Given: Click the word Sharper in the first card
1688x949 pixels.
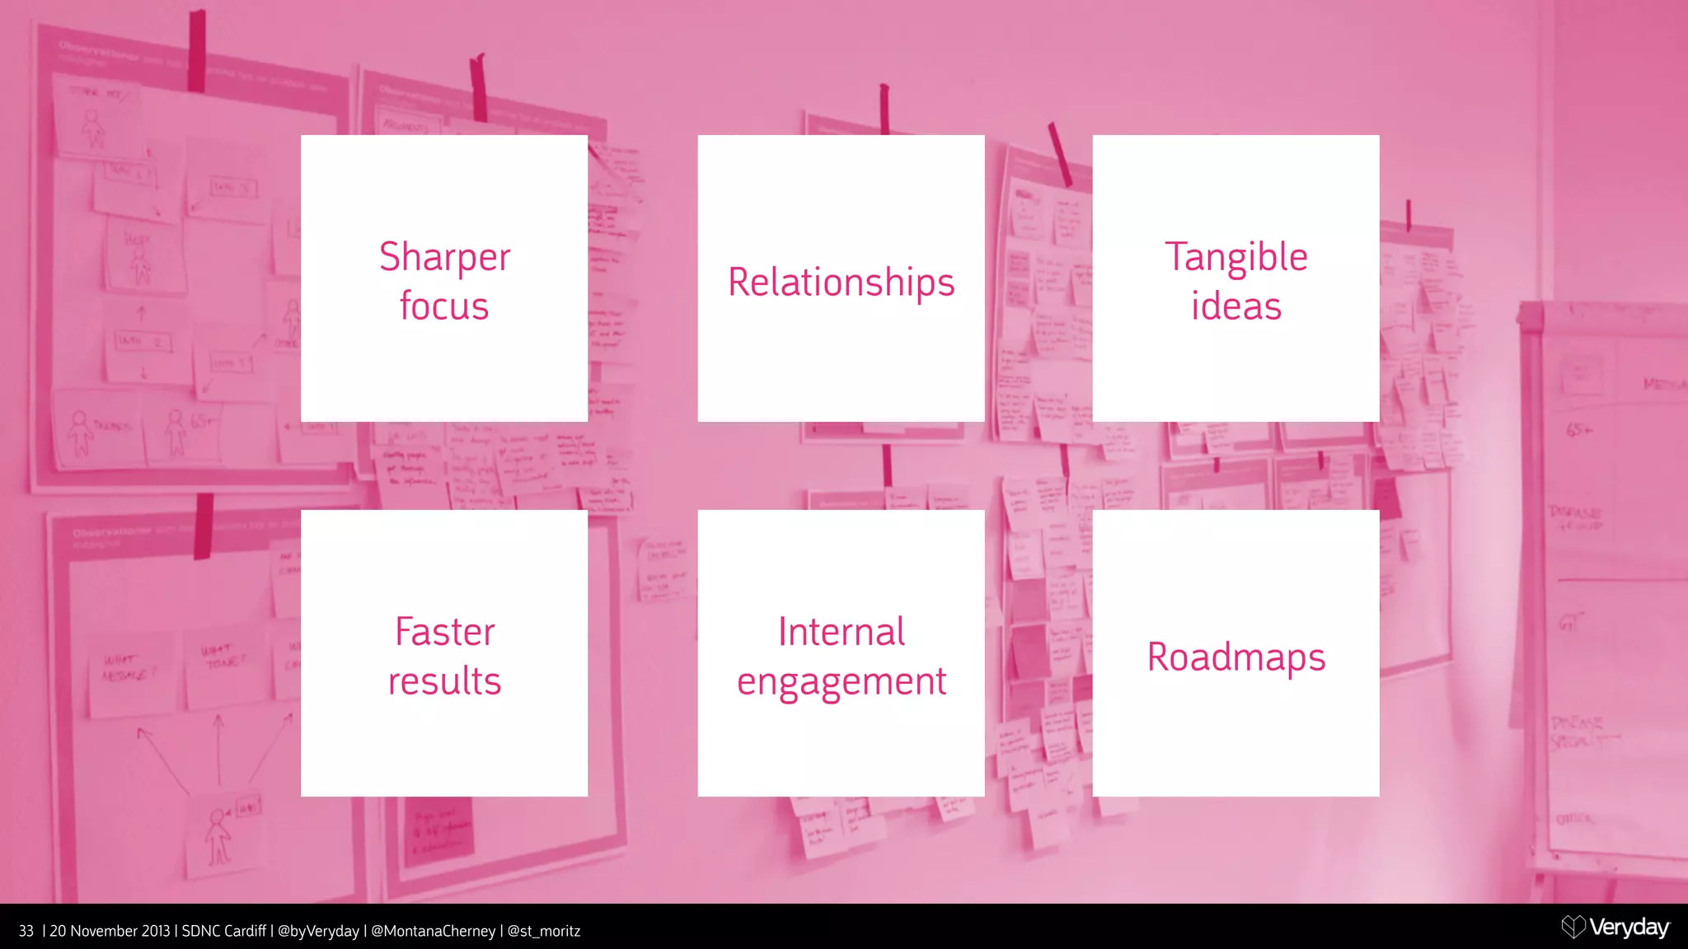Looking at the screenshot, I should [x=444, y=257].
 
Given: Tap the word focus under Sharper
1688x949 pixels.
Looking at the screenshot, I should [x=444, y=306].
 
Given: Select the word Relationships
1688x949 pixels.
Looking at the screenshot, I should [x=841, y=282].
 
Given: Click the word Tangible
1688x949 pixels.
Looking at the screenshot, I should [x=1236, y=257].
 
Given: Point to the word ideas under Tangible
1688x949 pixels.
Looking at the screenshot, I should [x=1236, y=306].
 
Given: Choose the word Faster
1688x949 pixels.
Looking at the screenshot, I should [x=444, y=632].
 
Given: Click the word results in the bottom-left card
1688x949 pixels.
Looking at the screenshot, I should [x=444, y=681].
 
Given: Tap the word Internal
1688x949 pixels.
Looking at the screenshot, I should [x=841, y=632].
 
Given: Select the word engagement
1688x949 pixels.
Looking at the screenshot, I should [x=841, y=682].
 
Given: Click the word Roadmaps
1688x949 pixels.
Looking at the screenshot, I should [x=1236, y=657].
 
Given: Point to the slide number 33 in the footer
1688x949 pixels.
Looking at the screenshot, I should [x=26, y=931].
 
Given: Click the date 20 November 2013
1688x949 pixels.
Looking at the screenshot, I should [x=110, y=931].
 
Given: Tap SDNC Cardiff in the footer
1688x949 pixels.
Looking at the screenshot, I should [x=223, y=931].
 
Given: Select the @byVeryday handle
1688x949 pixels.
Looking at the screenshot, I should [x=318, y=931].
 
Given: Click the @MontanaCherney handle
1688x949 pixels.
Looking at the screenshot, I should [x=433, y=931].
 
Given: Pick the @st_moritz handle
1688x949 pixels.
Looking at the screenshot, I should [x=543, y=931].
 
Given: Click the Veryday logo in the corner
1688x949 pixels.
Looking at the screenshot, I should [x=1615, y=928].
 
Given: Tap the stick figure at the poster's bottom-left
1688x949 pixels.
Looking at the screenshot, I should [x=218, y=835].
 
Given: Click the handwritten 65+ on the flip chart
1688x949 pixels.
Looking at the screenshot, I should [x=1578, y=430].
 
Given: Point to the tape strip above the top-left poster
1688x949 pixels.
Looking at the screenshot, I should [x=196, y=51].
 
